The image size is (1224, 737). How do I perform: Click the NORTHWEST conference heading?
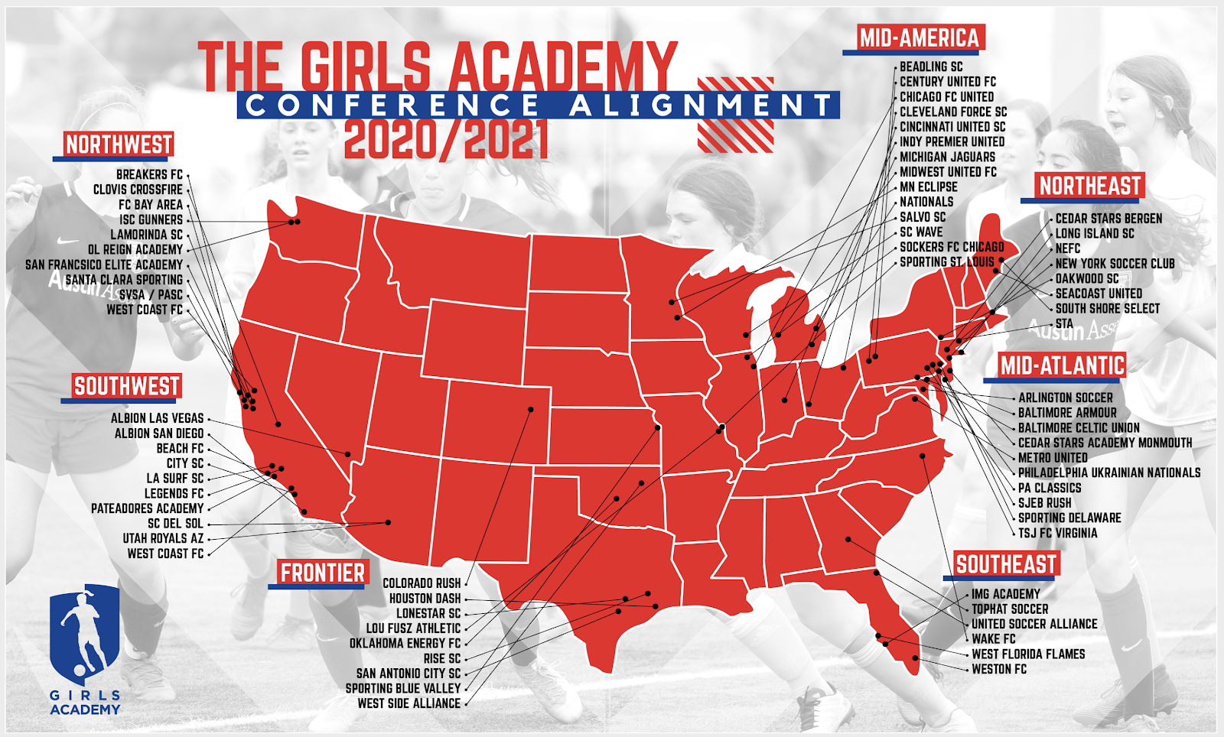pos(119,144)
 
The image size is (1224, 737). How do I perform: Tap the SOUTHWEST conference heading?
pos(126,386)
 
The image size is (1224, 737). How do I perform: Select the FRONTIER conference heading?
pos(322,573)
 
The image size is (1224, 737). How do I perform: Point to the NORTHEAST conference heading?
pos(1089,186)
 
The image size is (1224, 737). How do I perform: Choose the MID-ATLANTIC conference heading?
pos(1062,365)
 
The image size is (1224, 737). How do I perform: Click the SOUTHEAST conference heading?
pos(1006,564)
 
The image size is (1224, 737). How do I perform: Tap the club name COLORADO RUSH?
pos(422,583)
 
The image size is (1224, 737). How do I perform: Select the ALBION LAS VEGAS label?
pos(157,418)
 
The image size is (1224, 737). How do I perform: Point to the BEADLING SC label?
pos(931,67)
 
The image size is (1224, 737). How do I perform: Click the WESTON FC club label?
pos(999,669)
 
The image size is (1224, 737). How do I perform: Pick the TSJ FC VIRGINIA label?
pos(1057,533)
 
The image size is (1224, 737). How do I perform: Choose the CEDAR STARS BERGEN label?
pos(1108,219)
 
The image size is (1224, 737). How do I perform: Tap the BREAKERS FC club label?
pos(149,174)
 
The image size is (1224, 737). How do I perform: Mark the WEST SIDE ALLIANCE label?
pos(409,703)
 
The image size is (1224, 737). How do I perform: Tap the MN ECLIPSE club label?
pos(928,187)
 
